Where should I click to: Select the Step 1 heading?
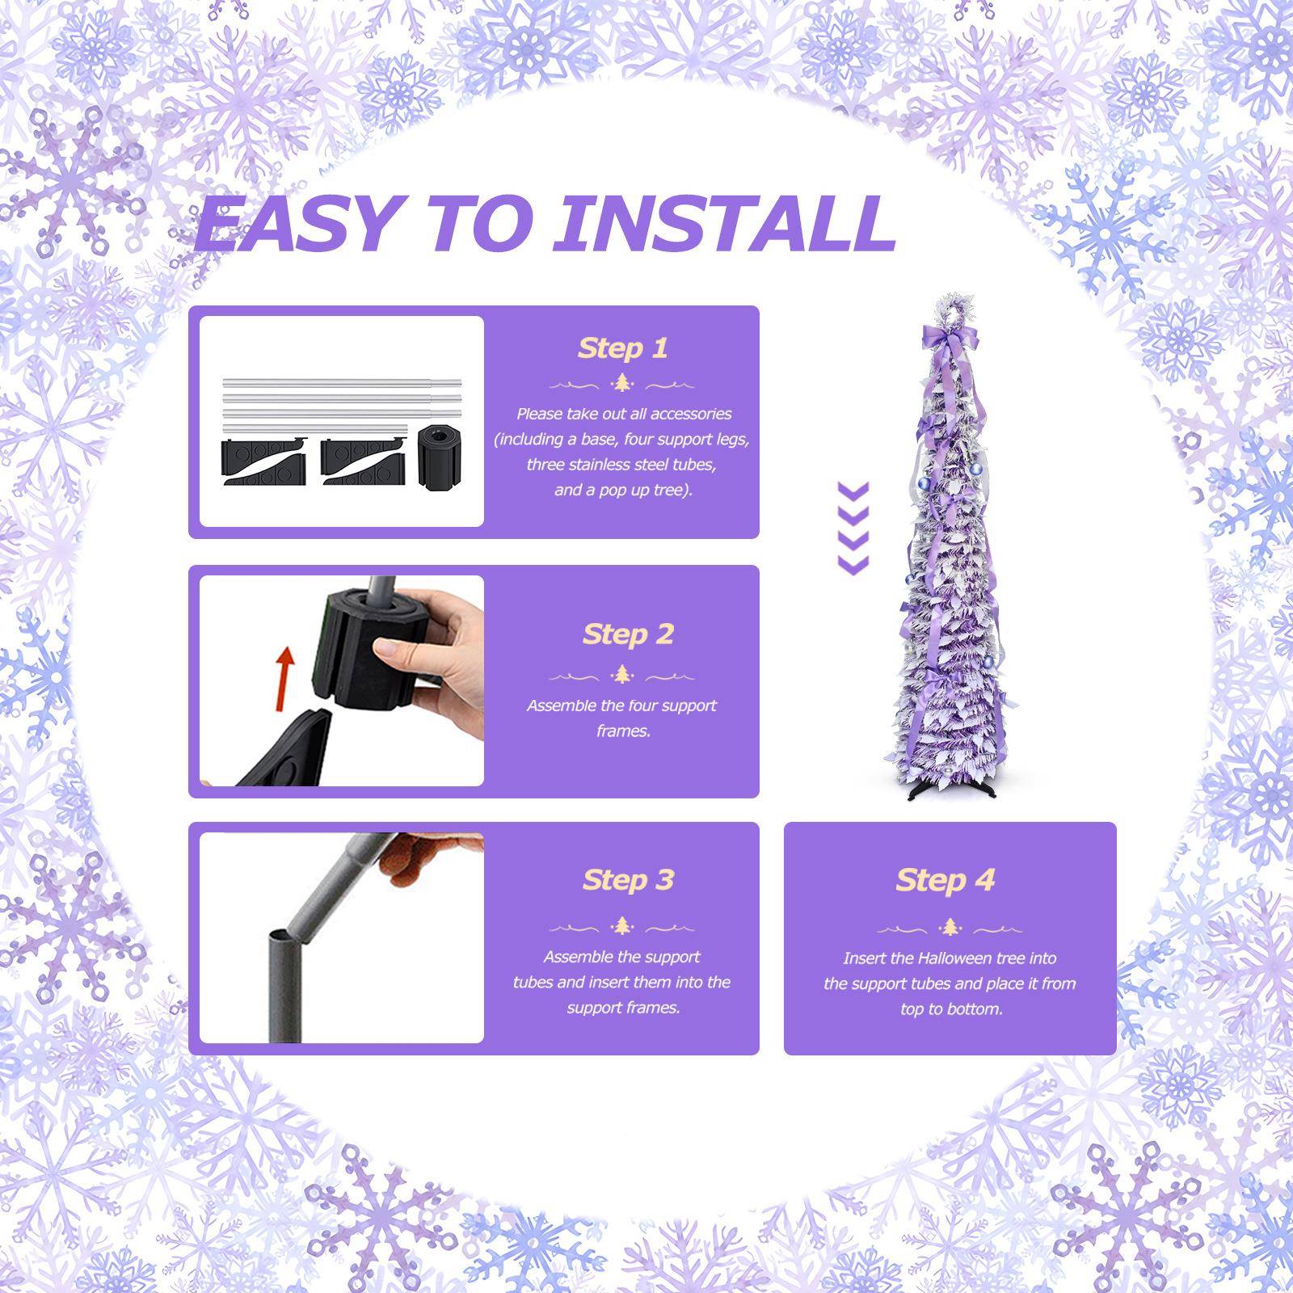(622, 348)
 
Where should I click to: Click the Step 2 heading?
(628, 634)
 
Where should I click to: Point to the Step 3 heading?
(628, 880)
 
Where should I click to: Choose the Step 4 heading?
(945, 880)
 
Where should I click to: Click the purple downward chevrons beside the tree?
(853, 529)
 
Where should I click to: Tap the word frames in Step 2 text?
(622, 731)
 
